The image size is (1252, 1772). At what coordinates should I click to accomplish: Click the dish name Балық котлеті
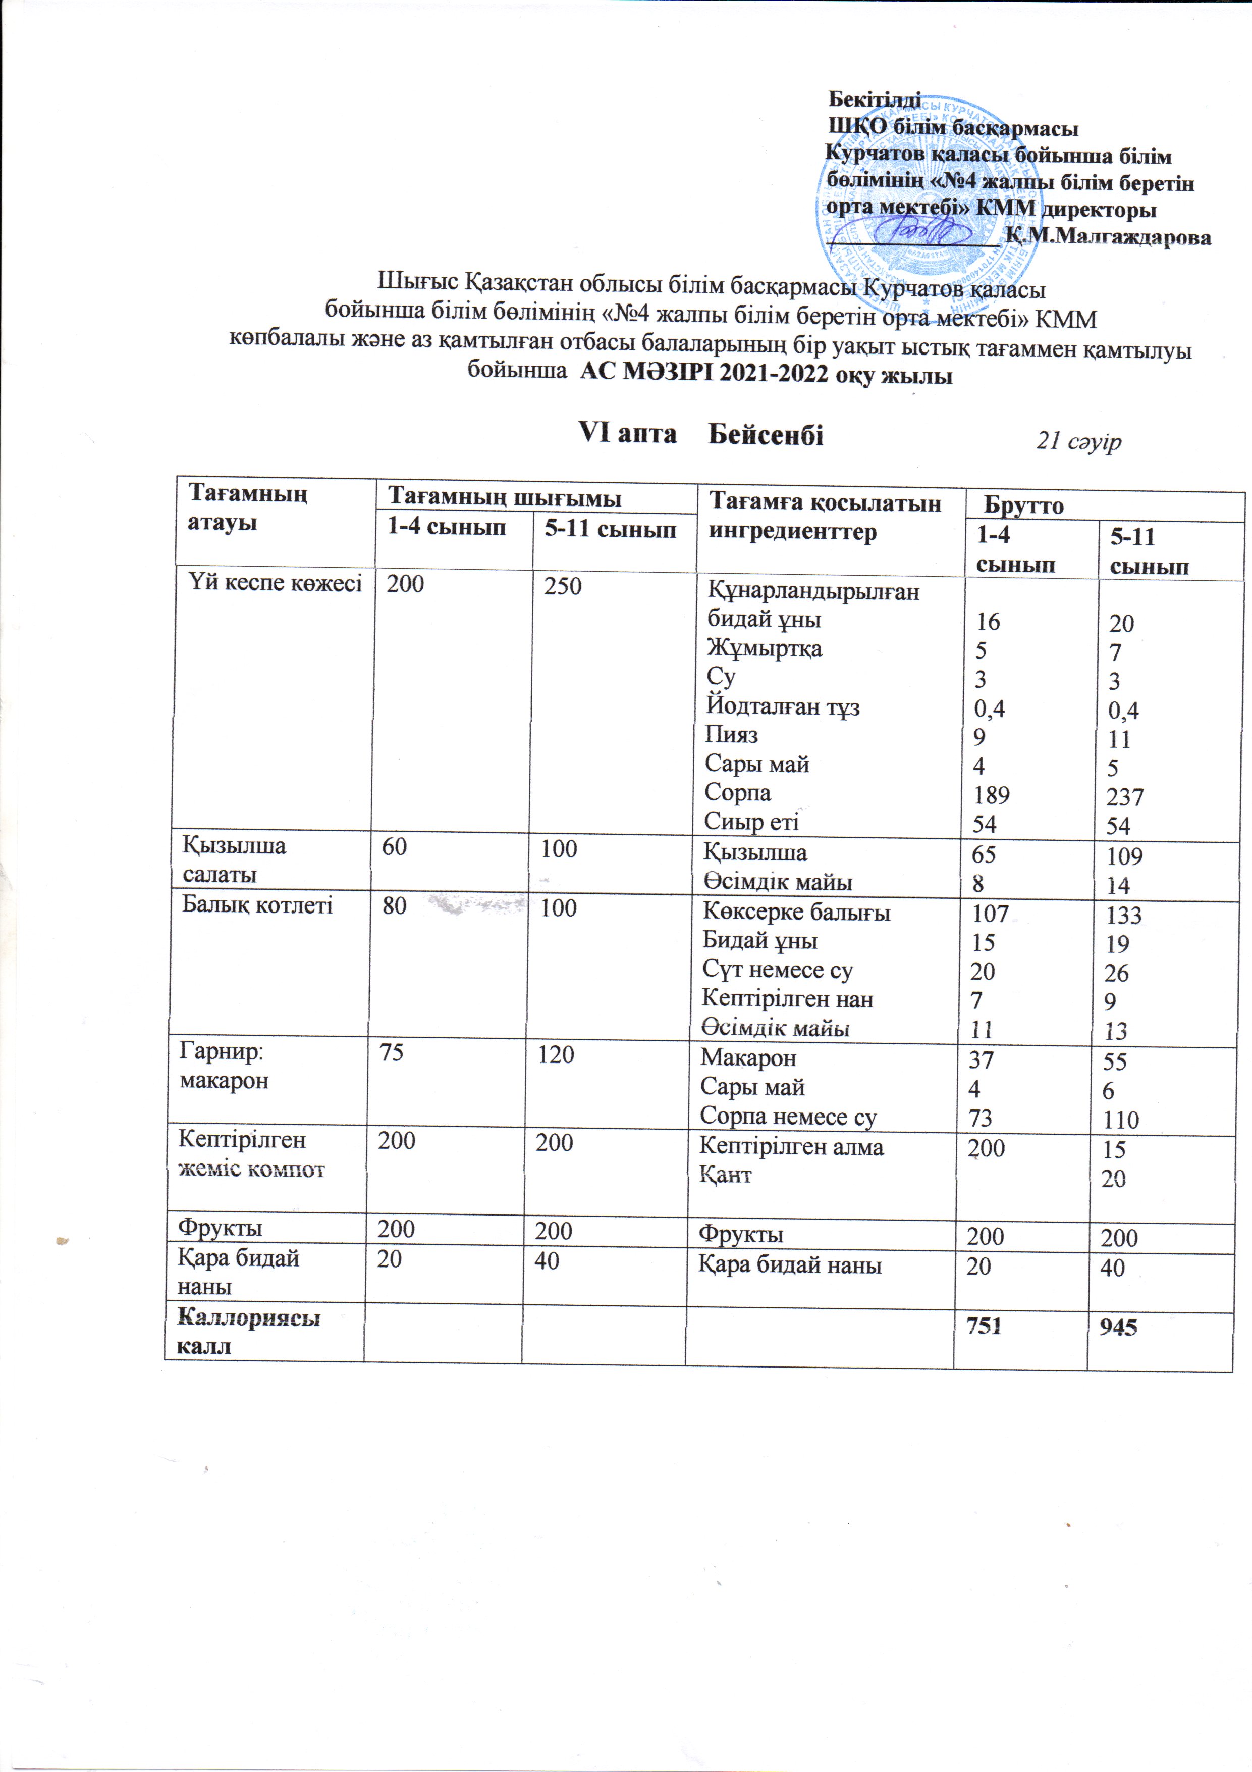point(257,904)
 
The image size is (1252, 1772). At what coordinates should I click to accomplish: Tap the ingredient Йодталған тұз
point(782,706)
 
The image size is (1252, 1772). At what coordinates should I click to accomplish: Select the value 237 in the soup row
point(1125,796)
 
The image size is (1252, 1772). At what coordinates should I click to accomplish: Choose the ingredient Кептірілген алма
point(791,1147)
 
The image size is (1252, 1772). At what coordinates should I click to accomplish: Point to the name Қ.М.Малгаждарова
point(1109,236)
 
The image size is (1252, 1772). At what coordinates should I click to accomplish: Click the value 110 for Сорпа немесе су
point(1121,1120)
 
